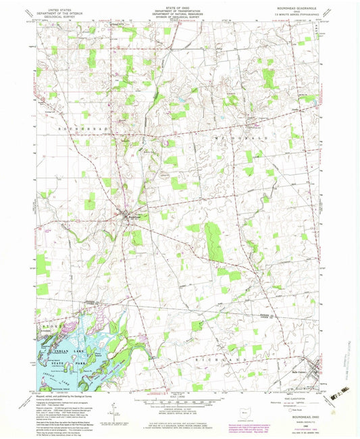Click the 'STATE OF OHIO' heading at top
(x=180, y=5)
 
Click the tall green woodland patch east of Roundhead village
(x=214, y=242)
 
